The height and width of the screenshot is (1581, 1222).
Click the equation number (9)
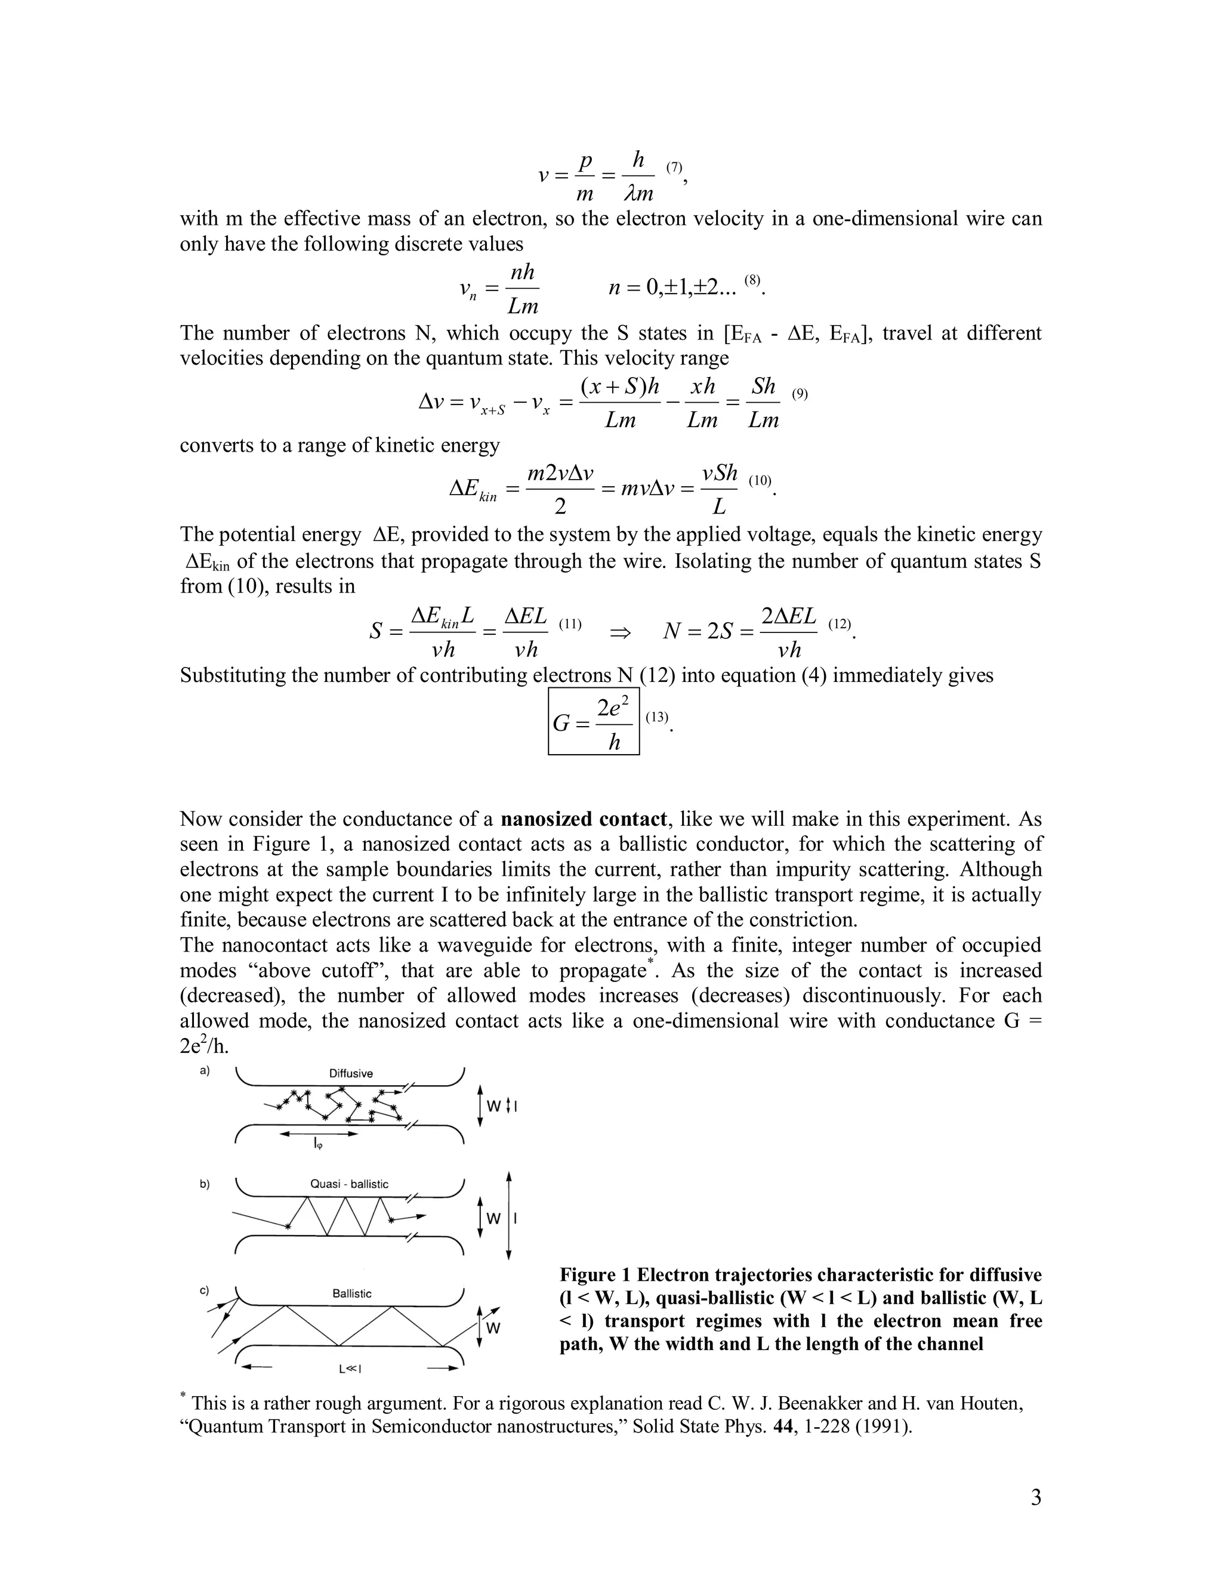click(x=799, y=394)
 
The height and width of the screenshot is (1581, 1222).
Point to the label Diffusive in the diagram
click(x=351, y=1073)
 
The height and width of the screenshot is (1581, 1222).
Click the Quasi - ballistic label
click(x=349, y=1184)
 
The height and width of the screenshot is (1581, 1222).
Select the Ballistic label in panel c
click(x=352, y=1293)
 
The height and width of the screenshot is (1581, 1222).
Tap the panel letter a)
click(x=205, y=1071)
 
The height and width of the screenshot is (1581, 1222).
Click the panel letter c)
click(x=205, y=1290)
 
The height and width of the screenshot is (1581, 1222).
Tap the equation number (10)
click(x=760, y=480)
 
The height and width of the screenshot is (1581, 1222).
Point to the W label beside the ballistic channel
click(x=493, y=1329)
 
